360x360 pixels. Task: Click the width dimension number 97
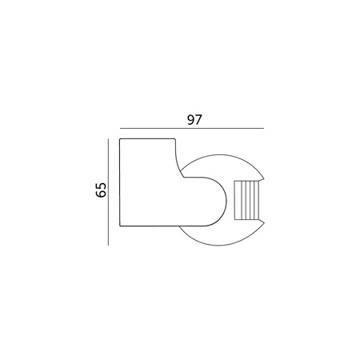(193, 120)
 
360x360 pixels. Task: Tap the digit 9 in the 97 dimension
(188, 120)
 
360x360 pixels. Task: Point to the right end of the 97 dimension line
(263, 128)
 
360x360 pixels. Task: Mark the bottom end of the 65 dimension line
(107, 245)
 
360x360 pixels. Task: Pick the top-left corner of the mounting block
(120, 139)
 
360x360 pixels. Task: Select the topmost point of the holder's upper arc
(219, 154)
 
